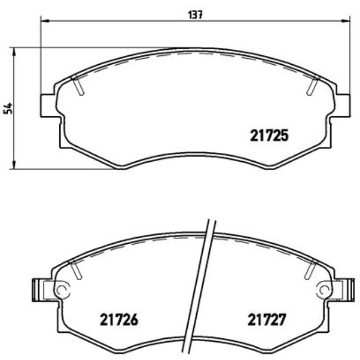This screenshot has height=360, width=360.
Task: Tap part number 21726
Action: pos(118,320)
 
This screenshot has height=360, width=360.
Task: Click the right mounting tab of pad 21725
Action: pos(343,105)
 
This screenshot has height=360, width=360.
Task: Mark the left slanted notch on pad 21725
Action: pos(78,85)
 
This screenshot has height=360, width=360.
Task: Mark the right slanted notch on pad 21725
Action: pos(312,85)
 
